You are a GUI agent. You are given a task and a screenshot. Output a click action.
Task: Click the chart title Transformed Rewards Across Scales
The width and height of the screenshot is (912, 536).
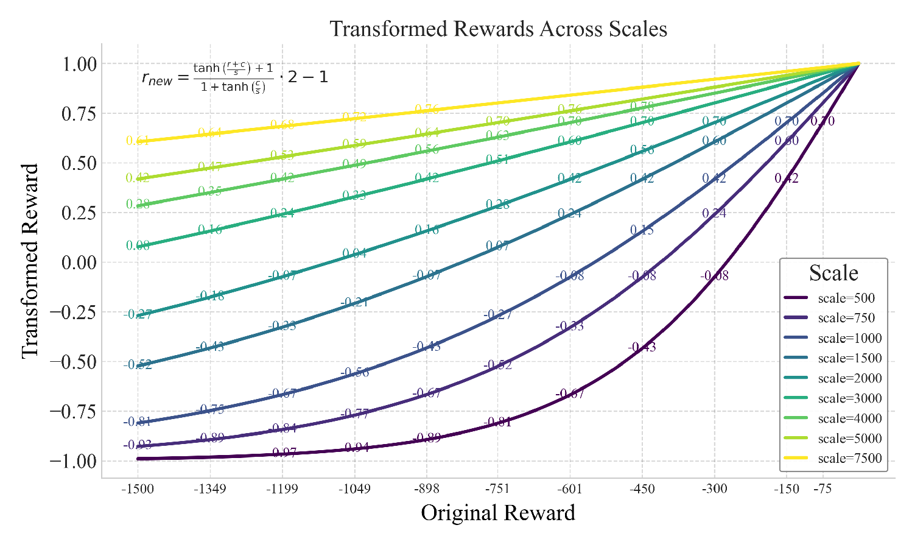point(498,29)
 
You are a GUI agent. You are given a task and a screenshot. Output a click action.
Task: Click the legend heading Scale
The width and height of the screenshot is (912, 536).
point(833,273)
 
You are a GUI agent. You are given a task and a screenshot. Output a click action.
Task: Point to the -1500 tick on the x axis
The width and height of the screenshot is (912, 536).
point(138,489)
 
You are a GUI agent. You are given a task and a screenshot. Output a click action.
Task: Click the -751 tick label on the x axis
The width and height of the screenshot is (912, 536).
point(498,489)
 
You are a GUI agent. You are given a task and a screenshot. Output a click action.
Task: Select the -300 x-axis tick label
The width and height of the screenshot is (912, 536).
point(714,489)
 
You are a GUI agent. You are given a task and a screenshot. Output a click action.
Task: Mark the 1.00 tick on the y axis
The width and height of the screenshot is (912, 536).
point(79,64)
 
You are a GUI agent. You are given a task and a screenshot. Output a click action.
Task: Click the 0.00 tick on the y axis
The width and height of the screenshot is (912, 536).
point(79,263)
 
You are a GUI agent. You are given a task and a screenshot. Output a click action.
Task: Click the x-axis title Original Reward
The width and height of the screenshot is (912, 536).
point(498,513)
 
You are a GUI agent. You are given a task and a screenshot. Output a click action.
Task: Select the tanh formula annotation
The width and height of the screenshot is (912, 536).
point(235,77)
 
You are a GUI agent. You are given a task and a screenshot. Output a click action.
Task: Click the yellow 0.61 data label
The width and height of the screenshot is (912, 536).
point(138,141)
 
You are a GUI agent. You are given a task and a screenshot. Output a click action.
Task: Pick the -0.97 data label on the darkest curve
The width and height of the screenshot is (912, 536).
point(284,452)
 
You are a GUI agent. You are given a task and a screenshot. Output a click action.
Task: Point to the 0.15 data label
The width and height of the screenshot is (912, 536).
point(642,230)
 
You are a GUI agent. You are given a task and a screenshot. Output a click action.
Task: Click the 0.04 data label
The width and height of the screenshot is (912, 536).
point(354,253)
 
